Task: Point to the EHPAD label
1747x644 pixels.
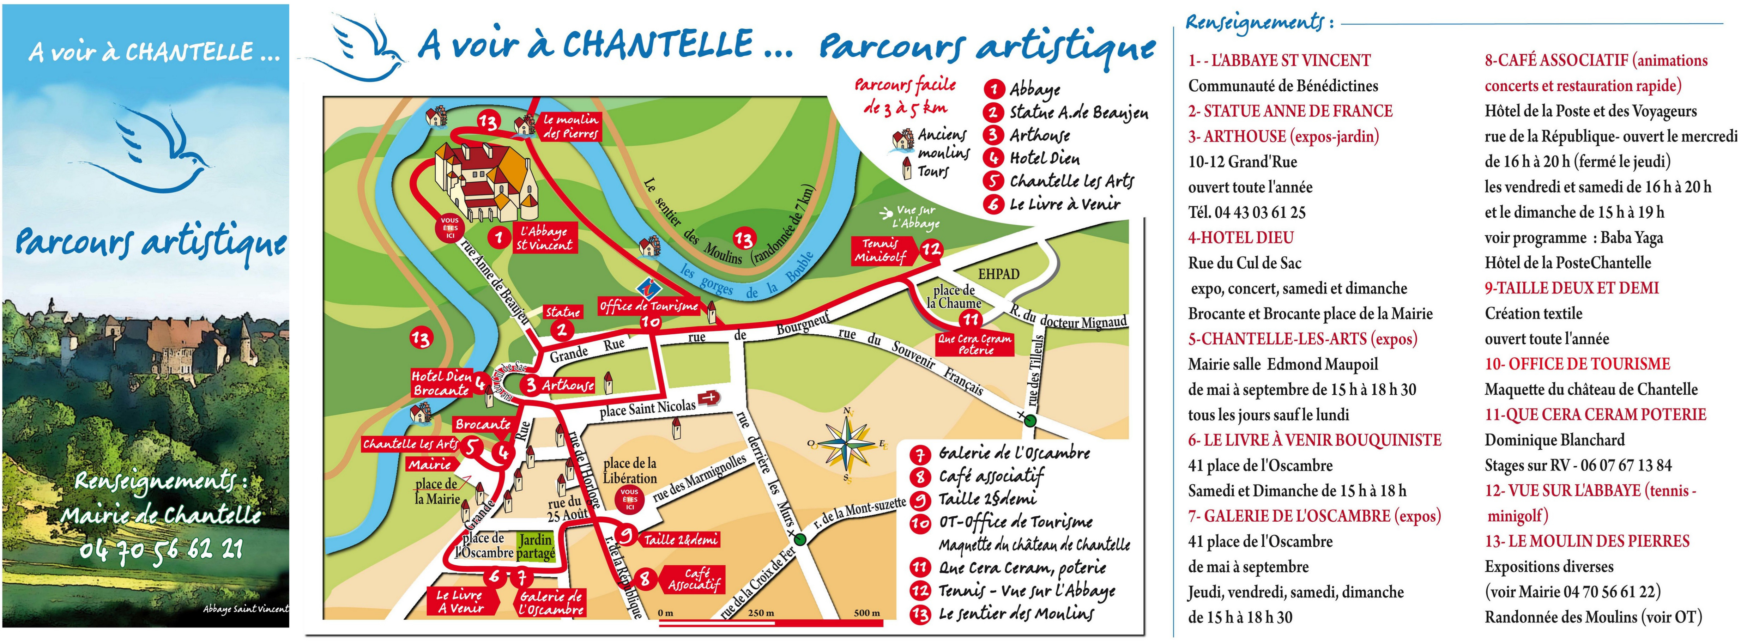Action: (998, 274)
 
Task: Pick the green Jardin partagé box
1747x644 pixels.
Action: (536, 546)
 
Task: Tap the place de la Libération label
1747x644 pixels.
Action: (629, 470)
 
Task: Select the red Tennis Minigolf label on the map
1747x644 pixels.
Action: (880, 250)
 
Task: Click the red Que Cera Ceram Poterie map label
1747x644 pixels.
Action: (974, 344)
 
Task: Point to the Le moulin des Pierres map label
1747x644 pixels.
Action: (570, 127)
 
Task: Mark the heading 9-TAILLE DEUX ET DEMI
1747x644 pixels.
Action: (1571, 288)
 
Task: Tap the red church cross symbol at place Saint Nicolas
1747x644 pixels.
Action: (709, 398)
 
